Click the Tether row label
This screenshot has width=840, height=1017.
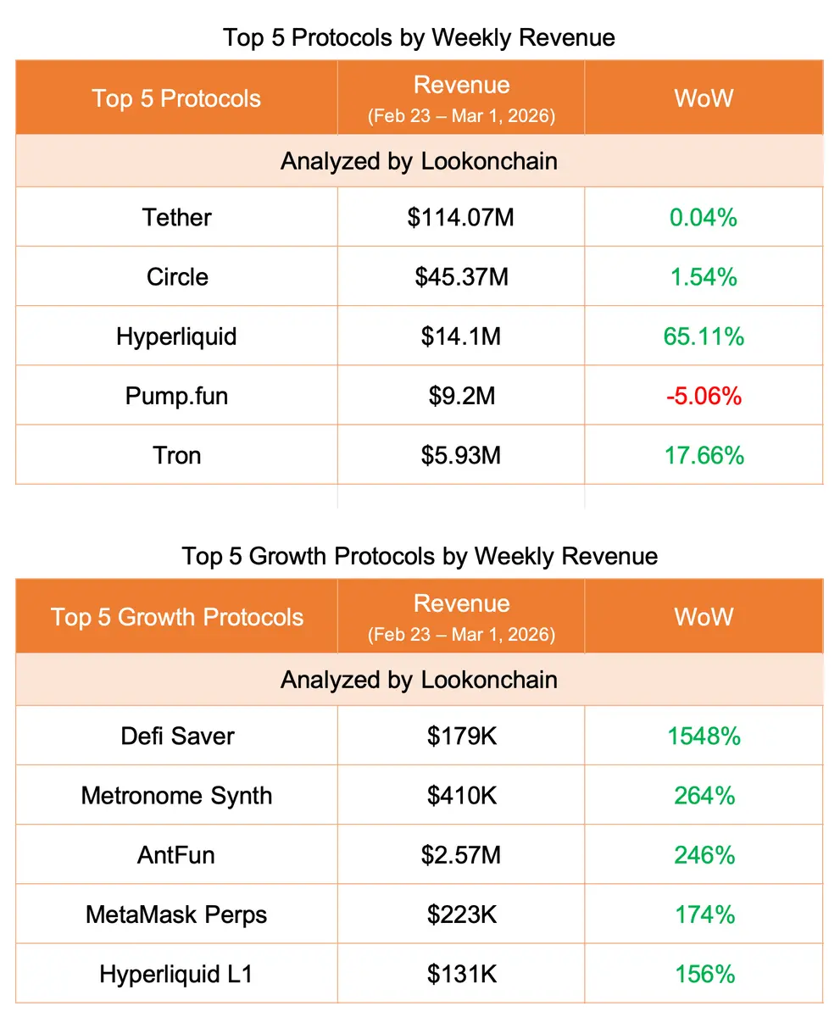[176, 218]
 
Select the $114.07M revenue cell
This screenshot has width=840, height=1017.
[460, 218]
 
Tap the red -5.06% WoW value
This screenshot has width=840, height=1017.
[704, 396]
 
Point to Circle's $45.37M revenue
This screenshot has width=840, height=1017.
[461, 277]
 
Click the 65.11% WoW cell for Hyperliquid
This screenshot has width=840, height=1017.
[704, 336]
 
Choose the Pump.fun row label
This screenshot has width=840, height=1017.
[176, 396]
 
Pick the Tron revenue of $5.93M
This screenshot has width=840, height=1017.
[461, 455]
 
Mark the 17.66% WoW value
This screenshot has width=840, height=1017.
[704, 455]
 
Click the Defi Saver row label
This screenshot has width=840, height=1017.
[176, 736]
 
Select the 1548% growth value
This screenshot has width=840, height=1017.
[704, 736]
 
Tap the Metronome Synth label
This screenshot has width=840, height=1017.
[176, 796]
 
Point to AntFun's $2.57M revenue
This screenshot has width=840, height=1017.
[461, 855]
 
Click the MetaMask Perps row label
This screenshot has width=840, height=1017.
[176, 914]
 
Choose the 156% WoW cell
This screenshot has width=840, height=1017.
[704, 974]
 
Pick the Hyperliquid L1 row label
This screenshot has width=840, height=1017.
[176, 974]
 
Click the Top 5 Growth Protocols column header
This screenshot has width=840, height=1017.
[176, 616]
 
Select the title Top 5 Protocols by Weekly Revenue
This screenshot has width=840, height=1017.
[419, 38]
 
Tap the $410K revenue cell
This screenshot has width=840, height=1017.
[461, 796]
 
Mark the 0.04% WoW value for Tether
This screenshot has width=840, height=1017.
[704, 218]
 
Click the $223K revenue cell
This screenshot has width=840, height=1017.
[461, 914]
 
